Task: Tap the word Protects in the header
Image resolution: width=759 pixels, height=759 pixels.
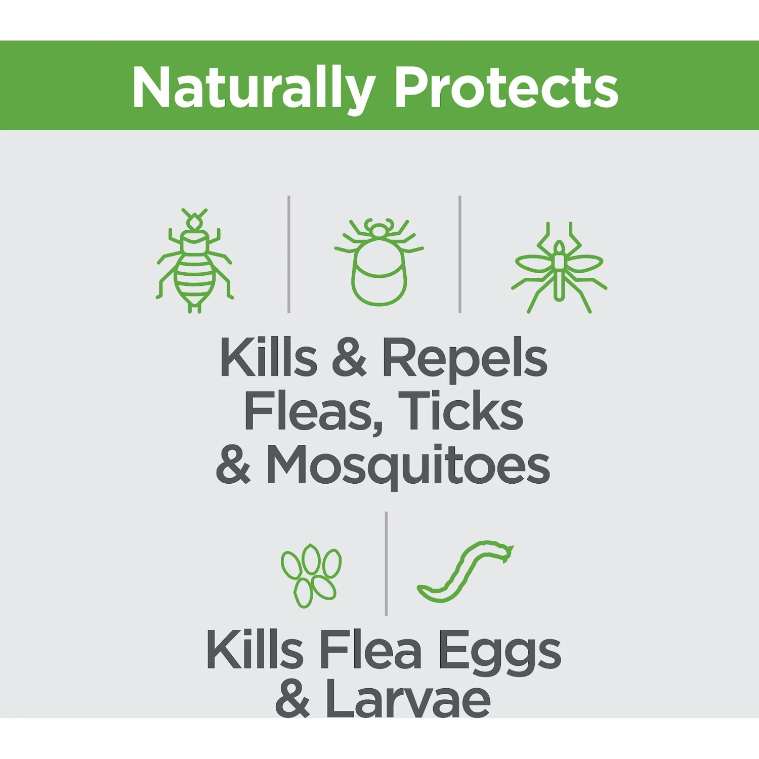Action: tap(507, 87)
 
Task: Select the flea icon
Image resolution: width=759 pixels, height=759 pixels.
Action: tap(194, 261)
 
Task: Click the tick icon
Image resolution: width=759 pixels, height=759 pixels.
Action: tap(379, 262)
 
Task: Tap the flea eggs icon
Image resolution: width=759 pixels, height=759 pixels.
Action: tap(311, 575)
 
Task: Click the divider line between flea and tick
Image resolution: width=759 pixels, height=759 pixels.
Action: tap(289, 254)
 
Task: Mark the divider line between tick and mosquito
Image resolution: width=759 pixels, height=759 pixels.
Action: tap(460, 254)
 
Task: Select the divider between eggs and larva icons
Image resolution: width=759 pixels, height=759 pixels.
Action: tap(386, 563)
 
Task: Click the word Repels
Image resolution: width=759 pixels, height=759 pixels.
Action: tap(465, 358)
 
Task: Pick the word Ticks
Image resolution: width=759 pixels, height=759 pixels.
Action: tap(461, 411)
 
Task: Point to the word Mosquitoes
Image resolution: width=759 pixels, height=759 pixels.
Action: tap(408, 467)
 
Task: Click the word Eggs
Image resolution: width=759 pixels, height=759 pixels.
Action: tap(499, 652)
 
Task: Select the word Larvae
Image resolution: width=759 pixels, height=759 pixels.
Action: tap(408, 699)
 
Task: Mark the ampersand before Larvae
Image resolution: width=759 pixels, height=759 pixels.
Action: tap(292, 698)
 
